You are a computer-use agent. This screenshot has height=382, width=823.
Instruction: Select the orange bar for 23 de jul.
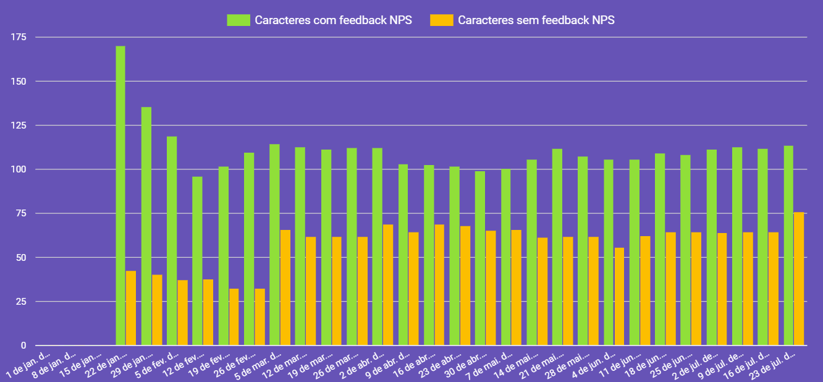coord(799,278)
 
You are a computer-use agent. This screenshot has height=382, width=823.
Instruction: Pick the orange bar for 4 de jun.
coord(619,296)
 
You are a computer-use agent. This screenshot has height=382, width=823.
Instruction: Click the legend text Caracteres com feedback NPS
coord(333,20)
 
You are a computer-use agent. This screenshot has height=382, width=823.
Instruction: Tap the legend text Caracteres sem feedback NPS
coord(536,20)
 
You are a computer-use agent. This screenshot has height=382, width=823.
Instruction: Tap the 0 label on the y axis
coord(23,346)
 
